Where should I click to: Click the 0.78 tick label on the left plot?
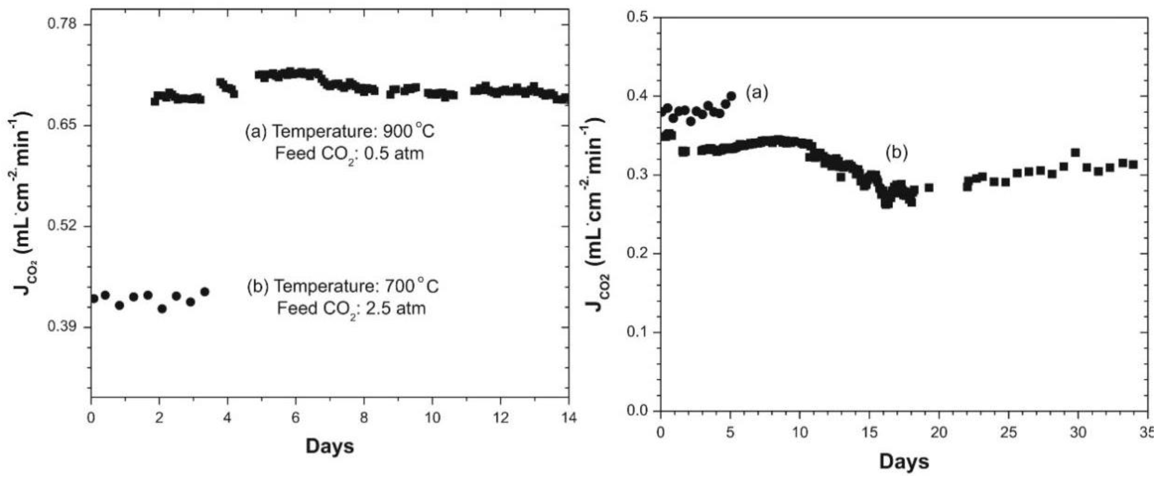tap(62, 23)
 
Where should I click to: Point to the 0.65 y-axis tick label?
tap(62, 125)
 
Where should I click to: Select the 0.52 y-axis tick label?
tap(62, 226)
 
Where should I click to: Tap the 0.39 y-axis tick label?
tap(62, 327)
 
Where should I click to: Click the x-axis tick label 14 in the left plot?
tap(569, 418)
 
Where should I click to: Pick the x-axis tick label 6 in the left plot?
tap(295, 418)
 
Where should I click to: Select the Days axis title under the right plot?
tap(904, 462)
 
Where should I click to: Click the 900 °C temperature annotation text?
tap(340, 131)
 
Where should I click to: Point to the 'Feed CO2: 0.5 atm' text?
tap(350, 154)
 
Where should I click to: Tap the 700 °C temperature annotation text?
tap(343, 286)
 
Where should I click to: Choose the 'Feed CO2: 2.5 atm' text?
tap(351, 309)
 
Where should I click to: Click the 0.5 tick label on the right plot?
tap(637, 17)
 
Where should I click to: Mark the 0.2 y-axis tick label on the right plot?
tap(637, 253)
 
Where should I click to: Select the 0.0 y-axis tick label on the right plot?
tap(637, 410)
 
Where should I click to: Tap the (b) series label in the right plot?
tap(896, 153)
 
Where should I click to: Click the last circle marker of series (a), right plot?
tap(732, 96)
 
